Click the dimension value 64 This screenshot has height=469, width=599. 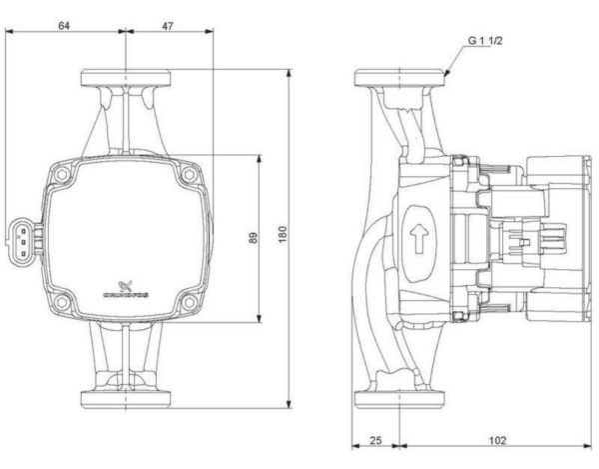pyautogui.click(x=64, y=26)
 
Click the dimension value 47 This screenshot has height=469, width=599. pyautogui.click(x=167, y=26)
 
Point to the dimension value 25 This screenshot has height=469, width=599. pyautogui.click(x=376, y=441)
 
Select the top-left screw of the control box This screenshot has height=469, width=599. pyautogui.click(x=63, y=176)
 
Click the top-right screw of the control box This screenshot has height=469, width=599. pyautogui.click(x=186, y=176)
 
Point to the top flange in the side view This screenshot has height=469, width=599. pyautogui.click(x=399, y=77)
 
